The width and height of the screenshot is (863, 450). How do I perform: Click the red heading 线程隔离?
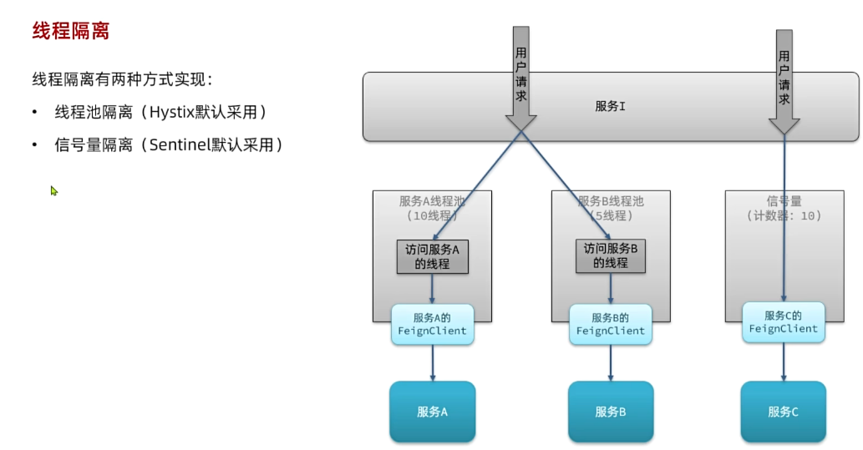click(x=71, y=32)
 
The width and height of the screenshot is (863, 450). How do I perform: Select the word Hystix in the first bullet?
click(x=177, y=112)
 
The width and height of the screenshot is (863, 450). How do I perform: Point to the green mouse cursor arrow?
click(x=53, y=190)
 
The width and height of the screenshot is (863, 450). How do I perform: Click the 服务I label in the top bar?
click(x=610, y=106)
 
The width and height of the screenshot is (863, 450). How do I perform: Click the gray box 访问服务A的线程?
click(x=432, y=256)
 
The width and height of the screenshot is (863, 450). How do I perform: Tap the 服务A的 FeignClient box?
click(x=432, y=325)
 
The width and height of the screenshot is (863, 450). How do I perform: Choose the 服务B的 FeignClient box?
click(x=610, y=324)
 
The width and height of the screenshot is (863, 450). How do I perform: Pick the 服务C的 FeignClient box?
click(x=783, y=322)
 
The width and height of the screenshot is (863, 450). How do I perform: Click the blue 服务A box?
click(x=432, y=412)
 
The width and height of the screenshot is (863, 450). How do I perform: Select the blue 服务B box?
click(x=610, y=412)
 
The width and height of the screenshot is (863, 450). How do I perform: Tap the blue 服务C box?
click(x=783, y=412)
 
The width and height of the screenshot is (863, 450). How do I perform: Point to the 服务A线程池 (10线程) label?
click(x=432, y=209)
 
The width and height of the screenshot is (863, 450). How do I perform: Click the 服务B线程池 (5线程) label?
click(x=611, y=209)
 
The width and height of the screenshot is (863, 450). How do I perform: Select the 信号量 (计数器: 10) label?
click(x=784, y=209)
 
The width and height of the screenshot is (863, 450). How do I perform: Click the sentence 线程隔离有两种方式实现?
click(x=122, y=80)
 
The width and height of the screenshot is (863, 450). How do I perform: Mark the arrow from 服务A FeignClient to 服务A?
click(x=432, y=363)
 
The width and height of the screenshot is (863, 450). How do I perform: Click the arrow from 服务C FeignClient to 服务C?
click(x=784, y=362)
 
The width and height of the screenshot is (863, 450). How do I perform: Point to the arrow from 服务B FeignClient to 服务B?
click(x=610, y=363)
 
